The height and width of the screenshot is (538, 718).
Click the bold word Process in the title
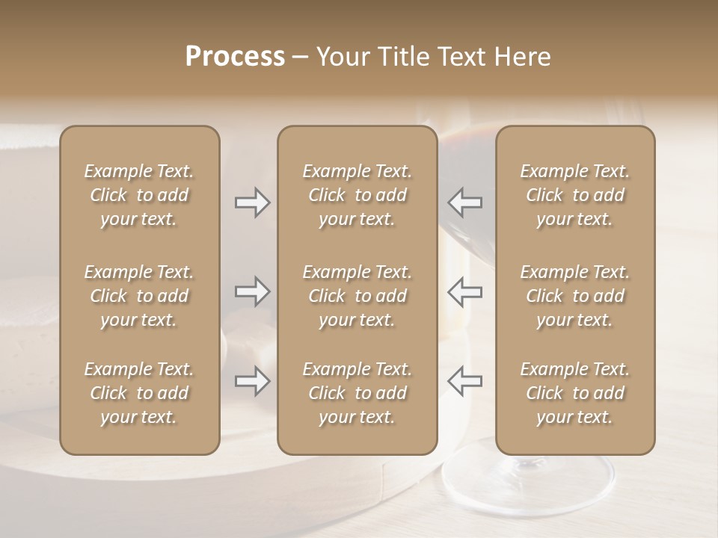235,57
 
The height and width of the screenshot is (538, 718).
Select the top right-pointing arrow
252,202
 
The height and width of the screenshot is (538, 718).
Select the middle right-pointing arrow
252,291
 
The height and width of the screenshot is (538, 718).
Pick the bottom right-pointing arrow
252,381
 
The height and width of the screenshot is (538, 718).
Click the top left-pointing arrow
465,202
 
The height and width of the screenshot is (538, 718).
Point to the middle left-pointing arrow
465,291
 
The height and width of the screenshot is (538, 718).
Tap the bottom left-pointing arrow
465,381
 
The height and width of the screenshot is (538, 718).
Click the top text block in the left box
139,195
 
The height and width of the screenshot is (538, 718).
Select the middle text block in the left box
139,296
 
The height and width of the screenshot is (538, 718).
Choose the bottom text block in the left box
139,393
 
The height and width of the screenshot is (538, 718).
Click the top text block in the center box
357,195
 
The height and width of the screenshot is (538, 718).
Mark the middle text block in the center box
357,296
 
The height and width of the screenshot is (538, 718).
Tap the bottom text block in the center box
357,393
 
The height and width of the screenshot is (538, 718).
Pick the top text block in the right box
574,195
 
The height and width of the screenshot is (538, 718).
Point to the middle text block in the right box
574,296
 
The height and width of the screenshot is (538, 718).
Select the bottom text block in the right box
574,393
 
